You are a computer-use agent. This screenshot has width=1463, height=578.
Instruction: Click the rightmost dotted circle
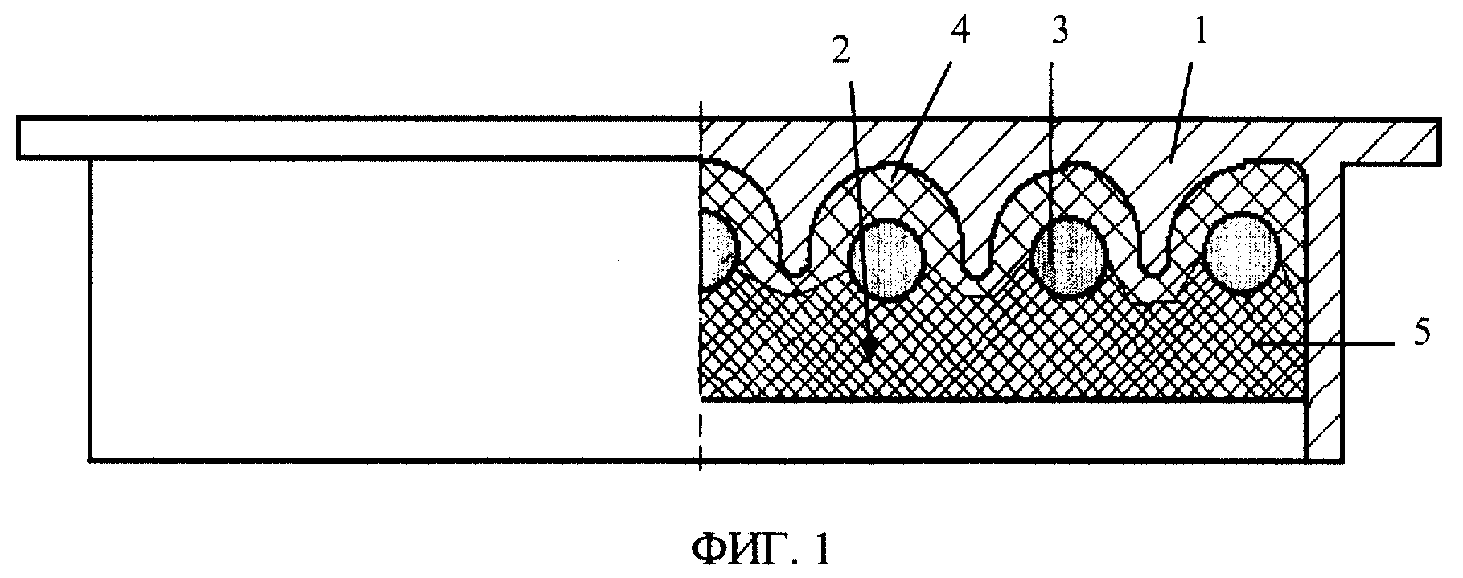pos(1241,251)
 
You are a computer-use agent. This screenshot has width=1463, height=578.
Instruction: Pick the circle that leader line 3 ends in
pos(1070,257)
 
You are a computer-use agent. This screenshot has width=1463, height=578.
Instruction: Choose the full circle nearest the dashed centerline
pos(887,259)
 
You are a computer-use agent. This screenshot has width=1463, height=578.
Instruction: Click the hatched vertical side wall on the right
pos(1323,314)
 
